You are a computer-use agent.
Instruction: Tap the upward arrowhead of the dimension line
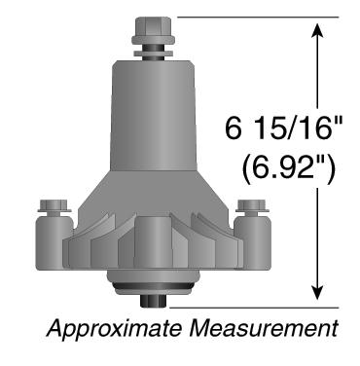[317, 30]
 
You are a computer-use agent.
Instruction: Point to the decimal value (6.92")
[288, 169]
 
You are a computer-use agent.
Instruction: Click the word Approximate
[114, 329]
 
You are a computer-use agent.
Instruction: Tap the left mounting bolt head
[54, 206]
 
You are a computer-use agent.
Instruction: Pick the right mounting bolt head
[252, 206]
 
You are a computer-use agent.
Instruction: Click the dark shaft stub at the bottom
[154, 301]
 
